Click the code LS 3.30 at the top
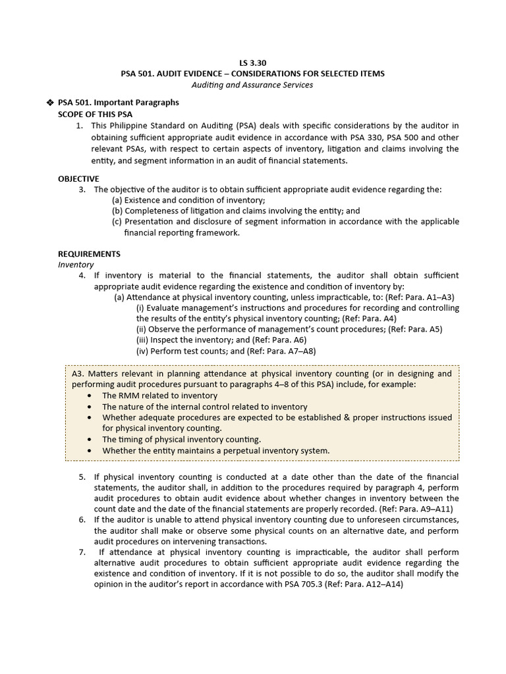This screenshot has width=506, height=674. pos(252,63)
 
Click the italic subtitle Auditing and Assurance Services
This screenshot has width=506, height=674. pos(252,85)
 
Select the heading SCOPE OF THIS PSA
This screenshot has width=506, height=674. pos(95,115)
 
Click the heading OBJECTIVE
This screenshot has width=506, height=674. pos(78,178)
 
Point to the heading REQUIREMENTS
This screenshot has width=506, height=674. pos(89,253)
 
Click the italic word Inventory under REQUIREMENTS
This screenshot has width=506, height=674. pos(76,264)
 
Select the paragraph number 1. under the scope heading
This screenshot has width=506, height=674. pos(80,126)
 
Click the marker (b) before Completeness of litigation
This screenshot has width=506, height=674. pos(117,211)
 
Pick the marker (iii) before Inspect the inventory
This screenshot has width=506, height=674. pos(142,340)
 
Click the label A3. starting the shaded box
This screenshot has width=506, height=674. pos(78,373)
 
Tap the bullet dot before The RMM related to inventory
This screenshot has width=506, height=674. pos(90,396)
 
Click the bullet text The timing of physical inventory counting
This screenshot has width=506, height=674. pos(181,439)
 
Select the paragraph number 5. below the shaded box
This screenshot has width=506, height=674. pos(82,477)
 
